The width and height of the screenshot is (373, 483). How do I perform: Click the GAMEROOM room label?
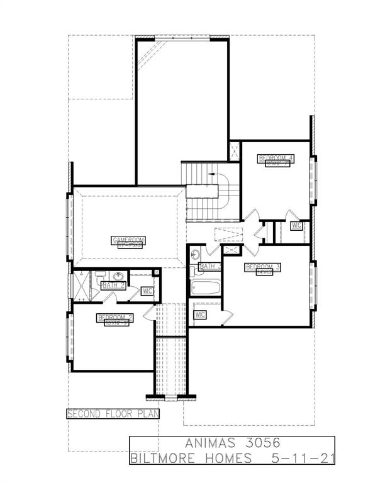pyautogui.click(x=128, y=240)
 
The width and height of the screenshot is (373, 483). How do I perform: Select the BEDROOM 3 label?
pyautogui.click(x=263, y=267)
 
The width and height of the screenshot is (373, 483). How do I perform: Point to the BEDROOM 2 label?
pyautogui.click(x=114, y=317)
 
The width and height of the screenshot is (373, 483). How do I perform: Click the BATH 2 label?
pyautogui.click(x=113, y=286)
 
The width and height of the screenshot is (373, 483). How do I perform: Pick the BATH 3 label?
pyautogui.click(x=210, y=267)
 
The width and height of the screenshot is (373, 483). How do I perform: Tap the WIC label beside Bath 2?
pyautogui.click(x=148, y=291)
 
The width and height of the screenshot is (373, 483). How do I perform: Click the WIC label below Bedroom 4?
pyautogui.click(x=296, y=225)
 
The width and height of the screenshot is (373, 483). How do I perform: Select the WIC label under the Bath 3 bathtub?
pyautogui.click(x=201, y=314)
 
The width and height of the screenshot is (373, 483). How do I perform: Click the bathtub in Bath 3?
pyautogui.click(x=205, y=289)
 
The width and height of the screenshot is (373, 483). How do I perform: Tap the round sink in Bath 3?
pyautogui.click(x=194, y=255)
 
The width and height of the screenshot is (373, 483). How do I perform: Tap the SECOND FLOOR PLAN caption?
pyautogui.click(x=113, y=414)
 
